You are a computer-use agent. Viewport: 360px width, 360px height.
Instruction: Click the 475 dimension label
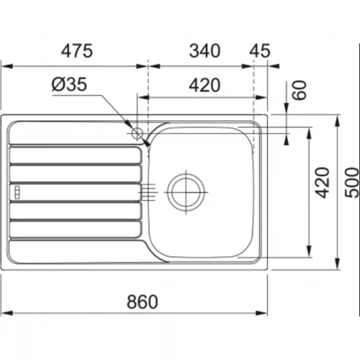77,51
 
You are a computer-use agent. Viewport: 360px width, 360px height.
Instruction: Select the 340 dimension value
205,51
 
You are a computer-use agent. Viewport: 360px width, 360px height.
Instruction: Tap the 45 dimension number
260,51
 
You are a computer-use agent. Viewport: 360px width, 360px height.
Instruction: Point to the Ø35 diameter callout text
69,84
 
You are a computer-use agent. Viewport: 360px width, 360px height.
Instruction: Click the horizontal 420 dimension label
205,85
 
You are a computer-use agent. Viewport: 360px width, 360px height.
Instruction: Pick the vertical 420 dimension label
322,182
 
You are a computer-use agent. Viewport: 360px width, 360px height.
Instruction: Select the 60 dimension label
299,90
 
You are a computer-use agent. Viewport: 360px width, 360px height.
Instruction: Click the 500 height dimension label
352,182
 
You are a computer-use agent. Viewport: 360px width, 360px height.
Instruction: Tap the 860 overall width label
142,302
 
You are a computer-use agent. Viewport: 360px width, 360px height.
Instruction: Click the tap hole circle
137,133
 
